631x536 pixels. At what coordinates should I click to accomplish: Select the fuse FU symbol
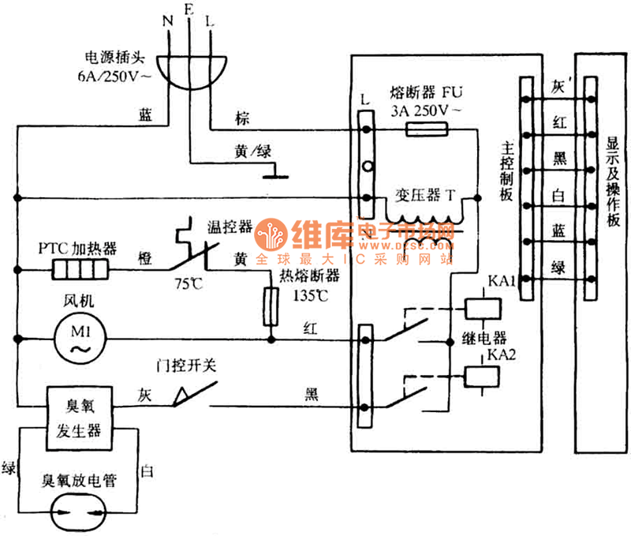(427, 129)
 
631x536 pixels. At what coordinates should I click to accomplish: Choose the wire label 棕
(241, 118)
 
